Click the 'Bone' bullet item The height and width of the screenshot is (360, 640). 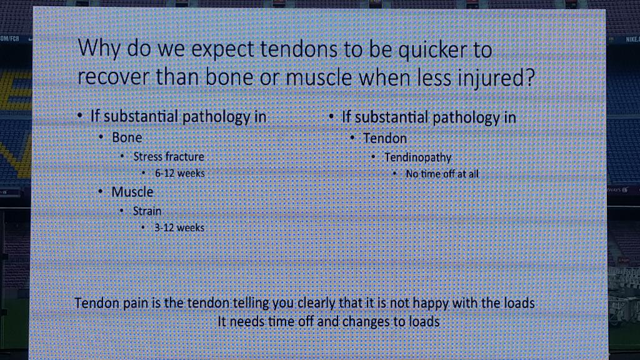click(127, 137)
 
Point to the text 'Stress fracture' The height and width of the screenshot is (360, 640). click(169, 156)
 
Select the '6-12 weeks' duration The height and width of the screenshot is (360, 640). click(180, 173)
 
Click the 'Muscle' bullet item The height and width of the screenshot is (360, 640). click(132, 192)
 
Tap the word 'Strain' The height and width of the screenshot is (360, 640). click(147, 211)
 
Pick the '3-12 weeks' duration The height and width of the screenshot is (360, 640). click(179, 228)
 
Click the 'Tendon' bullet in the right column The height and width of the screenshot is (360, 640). click(385, 138)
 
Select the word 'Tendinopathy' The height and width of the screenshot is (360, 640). click(417, 157)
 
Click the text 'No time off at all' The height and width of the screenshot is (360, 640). click(442, 174)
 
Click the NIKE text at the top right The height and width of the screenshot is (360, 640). click(632, 39)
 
